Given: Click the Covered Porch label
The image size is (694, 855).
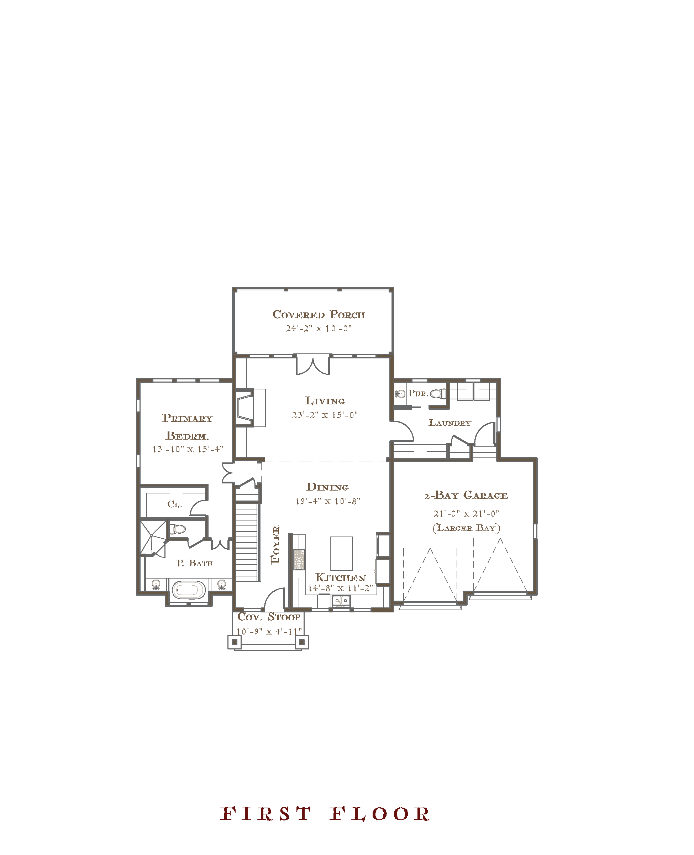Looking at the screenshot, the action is [319, 315].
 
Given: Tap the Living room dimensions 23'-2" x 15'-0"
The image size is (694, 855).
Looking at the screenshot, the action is [325, 415].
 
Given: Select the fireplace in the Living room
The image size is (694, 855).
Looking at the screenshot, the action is [250, 408].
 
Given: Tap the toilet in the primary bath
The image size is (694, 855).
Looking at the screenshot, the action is [178, 529].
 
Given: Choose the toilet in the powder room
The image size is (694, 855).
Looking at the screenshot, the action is [438, 394].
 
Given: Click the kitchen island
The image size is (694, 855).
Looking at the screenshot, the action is [341, 553].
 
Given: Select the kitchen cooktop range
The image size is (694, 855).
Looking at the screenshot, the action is [299, 559].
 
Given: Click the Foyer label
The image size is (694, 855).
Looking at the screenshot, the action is [275, 545].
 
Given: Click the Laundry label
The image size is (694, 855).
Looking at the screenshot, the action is [450, 423].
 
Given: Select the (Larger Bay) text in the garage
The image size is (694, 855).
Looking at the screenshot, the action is [466, 528].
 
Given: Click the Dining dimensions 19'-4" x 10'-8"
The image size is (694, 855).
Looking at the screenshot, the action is [328, 501].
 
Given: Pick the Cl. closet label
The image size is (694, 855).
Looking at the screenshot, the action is [175, 504].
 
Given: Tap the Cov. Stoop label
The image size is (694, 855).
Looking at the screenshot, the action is [269, 617].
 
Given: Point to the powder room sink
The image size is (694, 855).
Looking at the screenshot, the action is [400, 394].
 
